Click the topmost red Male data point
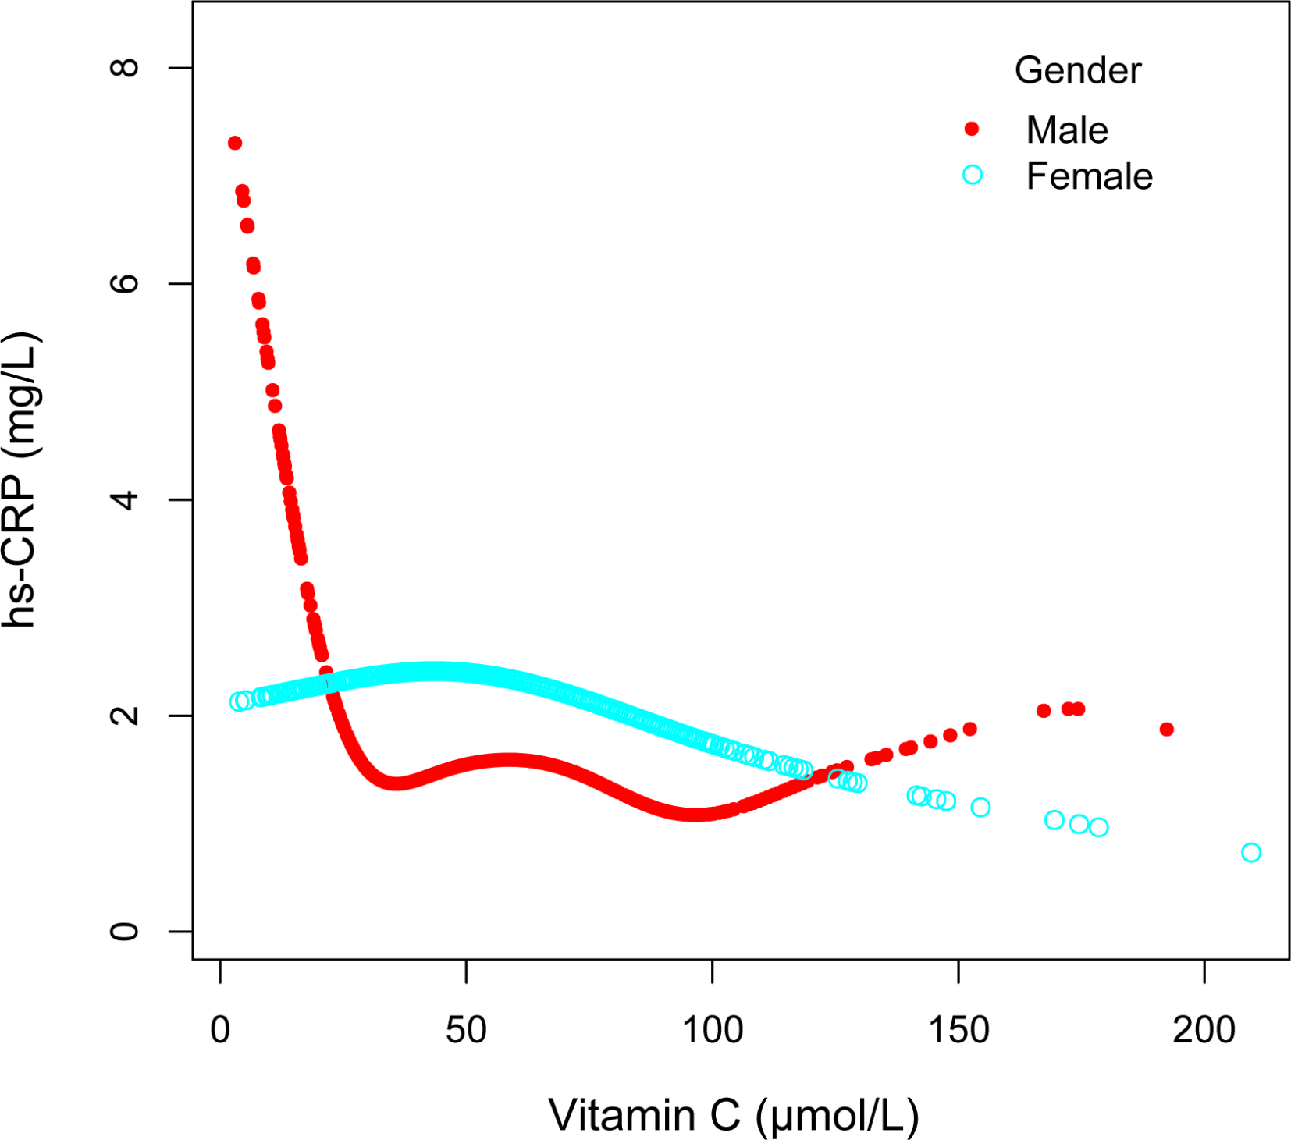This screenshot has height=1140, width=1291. coord(234,143)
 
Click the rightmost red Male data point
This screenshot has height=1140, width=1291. coord(1166,729)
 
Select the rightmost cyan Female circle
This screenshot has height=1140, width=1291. coord(1250,852)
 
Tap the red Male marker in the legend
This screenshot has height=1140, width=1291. coord(972,129)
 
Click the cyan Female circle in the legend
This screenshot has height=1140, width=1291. coord(972,175)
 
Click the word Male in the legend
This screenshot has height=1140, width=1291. coord(1066,130)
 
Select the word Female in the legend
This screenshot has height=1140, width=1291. coord(1089,176)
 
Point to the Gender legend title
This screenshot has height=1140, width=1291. coord(1077,70)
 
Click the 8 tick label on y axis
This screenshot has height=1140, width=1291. coord(125,68)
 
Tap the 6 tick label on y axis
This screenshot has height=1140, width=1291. coord(125,283)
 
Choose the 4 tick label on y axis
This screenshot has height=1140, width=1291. coord(125,499)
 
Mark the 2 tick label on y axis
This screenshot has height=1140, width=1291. coord(125,715)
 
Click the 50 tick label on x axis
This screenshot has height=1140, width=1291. coord(466,1031)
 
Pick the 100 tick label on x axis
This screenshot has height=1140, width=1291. coord(712,1031)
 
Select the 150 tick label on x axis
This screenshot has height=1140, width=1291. coord(958,1031)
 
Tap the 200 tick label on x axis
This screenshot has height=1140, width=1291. coord(1204,1031)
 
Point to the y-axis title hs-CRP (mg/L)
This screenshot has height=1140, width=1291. coord(21,480)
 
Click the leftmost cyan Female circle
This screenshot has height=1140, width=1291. coord(239,701)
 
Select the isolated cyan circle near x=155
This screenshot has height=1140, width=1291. coord(980,807)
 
